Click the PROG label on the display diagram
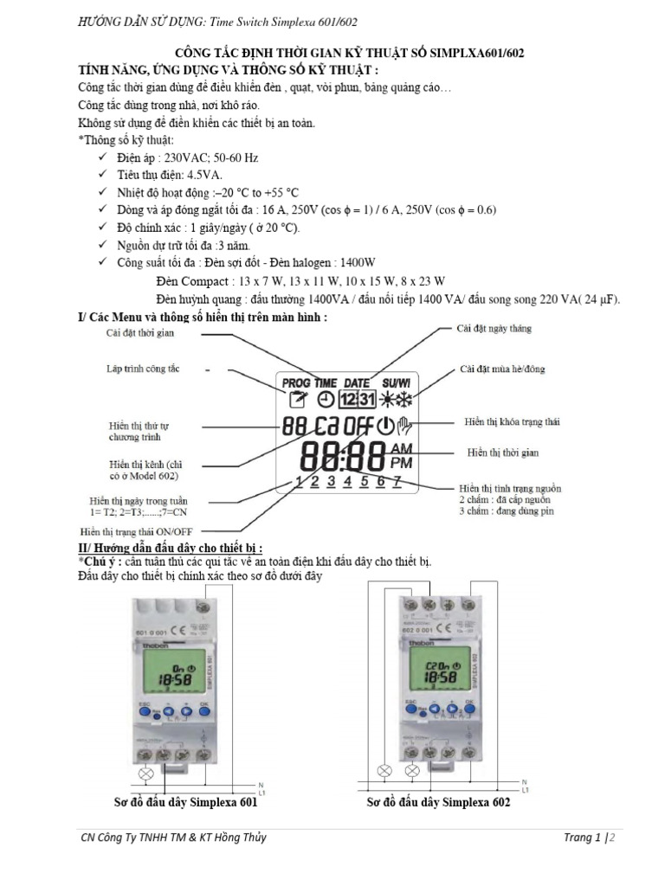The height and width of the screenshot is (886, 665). (296, 382)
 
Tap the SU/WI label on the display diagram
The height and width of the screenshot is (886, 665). (397, 382)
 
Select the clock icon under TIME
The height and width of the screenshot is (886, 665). (325, 400)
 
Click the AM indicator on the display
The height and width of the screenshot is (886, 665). (403, 448)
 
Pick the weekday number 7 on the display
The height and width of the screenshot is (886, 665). (397, 482)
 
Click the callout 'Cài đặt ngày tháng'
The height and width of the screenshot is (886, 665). (494, 329)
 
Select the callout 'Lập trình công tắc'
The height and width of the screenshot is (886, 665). (144, 369)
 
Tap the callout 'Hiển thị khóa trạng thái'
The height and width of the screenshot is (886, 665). (512, 421)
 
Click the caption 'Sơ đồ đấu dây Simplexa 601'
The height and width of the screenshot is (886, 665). (186, 802)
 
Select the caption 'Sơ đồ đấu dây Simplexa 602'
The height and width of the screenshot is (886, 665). (438, 802)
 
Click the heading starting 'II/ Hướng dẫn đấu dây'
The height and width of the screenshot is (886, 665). (171, 549)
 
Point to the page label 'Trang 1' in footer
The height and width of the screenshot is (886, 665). (582, 838)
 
